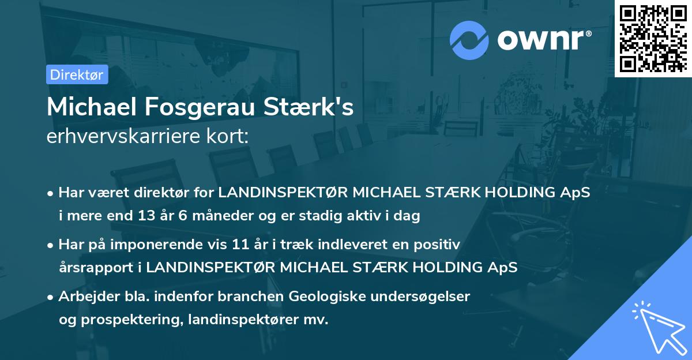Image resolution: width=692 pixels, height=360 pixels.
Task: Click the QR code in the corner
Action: tap(653, 38)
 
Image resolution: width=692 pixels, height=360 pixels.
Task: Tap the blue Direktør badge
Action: tap(77, 74)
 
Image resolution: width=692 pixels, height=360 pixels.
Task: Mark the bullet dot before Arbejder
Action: tap(51, 297)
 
